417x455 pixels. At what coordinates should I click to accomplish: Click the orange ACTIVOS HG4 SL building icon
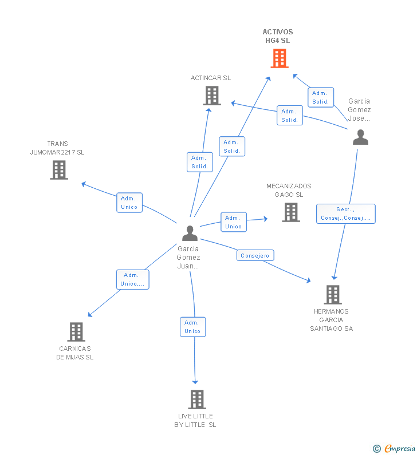(279, 58)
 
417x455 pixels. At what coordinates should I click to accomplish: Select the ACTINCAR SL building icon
(211, 96)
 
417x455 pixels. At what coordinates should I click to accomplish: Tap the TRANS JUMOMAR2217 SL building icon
(59, 170)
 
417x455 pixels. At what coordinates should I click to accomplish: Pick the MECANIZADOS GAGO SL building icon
(290, 212)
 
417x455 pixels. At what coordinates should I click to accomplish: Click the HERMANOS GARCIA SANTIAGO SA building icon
(332, 294)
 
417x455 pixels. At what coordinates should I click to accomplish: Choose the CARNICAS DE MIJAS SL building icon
(76, 331)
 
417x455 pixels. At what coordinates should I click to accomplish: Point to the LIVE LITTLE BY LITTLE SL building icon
(196, 399)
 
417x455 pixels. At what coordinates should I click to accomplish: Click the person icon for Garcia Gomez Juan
(190, 233)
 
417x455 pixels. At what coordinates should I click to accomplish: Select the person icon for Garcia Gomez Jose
(360, 137)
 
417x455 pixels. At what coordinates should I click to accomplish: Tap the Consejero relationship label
(255, 256)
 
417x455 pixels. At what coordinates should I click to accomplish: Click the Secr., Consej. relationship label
(345, 213)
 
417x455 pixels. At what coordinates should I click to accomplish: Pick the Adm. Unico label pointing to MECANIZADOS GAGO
(233, 222)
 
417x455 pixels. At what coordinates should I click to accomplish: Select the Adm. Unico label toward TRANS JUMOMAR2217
(129, 203)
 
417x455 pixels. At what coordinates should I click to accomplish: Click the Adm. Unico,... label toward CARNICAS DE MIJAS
(132, 279)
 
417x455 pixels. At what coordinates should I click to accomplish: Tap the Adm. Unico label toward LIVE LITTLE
(192, 327)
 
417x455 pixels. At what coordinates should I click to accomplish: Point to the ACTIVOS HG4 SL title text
(278, 36)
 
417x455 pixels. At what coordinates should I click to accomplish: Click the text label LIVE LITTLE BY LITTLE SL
(195, 420)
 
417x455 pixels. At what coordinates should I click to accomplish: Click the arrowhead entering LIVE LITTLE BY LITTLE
(195, 382)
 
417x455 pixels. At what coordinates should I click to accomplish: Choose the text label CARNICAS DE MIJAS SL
(75, 353)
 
